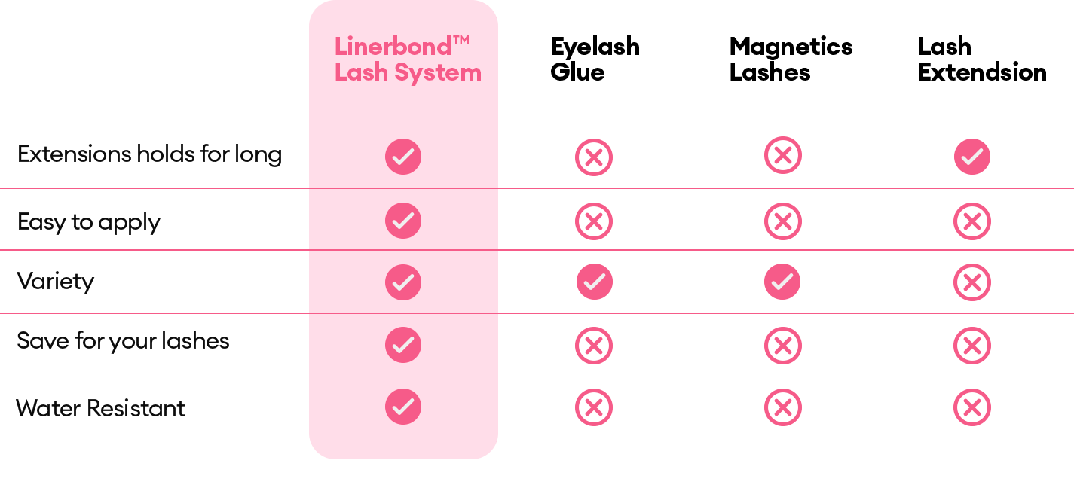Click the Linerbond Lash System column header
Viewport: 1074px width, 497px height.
(x=408, y=59)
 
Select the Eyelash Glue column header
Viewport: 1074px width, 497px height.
(x=595, y=59)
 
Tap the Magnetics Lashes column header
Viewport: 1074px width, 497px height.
(x=791, y=59)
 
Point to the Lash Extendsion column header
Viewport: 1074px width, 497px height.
(x=982, y=59)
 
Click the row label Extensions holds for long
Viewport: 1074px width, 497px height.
(x=149, y=154)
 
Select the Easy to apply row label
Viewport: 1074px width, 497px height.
(x=89, y=222)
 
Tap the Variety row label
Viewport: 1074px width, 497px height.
(x=56, y=282)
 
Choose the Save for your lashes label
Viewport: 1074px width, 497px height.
(x=123, y=341)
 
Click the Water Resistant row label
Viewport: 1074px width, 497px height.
(x=100, y=408)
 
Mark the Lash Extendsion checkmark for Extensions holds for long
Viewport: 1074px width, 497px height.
(x=971, y=157)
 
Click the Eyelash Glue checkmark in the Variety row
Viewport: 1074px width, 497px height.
(x=594, y=282)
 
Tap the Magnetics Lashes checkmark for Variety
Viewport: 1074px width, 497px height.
(x=782, y=282)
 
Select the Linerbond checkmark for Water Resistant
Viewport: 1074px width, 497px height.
(x=403, y=407)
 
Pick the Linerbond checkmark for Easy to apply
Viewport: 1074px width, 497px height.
(x=403, y=221)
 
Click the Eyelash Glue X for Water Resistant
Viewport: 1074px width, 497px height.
(x=594, y=407)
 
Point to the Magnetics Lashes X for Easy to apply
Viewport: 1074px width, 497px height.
(x=783, y=221)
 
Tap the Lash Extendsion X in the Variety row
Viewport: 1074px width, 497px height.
(x=971, y=282)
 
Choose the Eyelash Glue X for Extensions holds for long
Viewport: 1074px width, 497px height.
(x=594, y=157)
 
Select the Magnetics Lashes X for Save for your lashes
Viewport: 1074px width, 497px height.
(x=783, y=346)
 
